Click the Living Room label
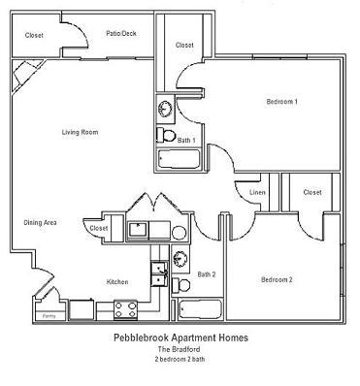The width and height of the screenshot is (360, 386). click(x=80, y=132)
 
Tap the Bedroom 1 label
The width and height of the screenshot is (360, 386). click(x=282, y=102)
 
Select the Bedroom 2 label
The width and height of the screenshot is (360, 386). click(x=277, y=279)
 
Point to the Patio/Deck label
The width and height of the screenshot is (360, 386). click(x=121, y=33)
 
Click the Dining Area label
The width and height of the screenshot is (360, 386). click(x=41, y=223)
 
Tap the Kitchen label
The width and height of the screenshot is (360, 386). click(x=117, y=282)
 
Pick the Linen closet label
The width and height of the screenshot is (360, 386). click(x=257, y=192)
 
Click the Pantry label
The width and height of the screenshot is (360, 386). click(x=49, y=316)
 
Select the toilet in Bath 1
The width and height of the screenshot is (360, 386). click(x=166, y=135)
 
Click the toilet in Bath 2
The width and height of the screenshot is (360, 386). click(x=180, y=285)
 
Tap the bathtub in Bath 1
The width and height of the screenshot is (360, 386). click(x=179, y=159)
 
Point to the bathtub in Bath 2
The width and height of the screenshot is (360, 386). click(x=200, y=309)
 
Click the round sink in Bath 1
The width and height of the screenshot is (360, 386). click(x=166, y=109)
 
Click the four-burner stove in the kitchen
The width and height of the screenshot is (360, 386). click(x=126, y=309)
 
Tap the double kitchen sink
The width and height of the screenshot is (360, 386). click(x=159, y=273)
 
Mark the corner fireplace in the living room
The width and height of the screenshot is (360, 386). click(x=27, y=76)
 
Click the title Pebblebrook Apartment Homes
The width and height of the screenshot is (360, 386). click(x=181, y=338)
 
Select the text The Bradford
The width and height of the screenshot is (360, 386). click(x=179, y=349)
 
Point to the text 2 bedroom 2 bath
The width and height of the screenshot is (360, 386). click(x=180, y=359)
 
